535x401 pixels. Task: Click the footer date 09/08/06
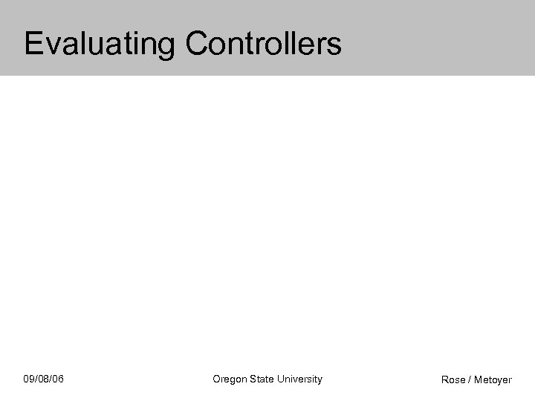tap(44, 379)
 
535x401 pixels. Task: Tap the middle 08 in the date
tap(44, 379)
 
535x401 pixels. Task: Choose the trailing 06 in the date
tap(58, 379)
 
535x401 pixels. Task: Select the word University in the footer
tap(300, 379)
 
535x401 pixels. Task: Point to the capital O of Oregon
tap(216, 379)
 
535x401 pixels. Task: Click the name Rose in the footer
tap(453, 380)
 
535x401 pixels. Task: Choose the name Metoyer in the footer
tap(493, 380)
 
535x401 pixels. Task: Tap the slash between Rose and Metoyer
tap(470, 380)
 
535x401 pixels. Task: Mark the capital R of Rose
tap(445, 380)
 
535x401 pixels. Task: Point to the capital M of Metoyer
tap(479, 380)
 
